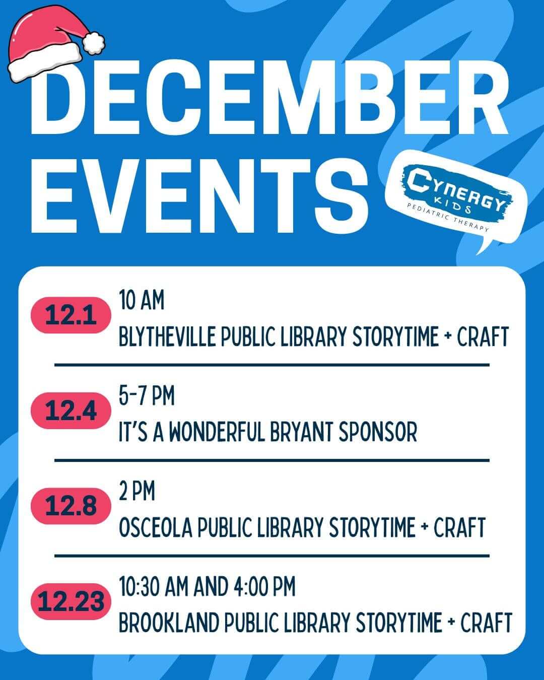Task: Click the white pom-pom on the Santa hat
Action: pos(94,42)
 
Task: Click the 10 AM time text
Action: pos(142,301)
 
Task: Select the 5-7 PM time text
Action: pos(147,396)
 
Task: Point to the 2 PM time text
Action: pos(137,491)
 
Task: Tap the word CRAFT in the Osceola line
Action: pos(459,527)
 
